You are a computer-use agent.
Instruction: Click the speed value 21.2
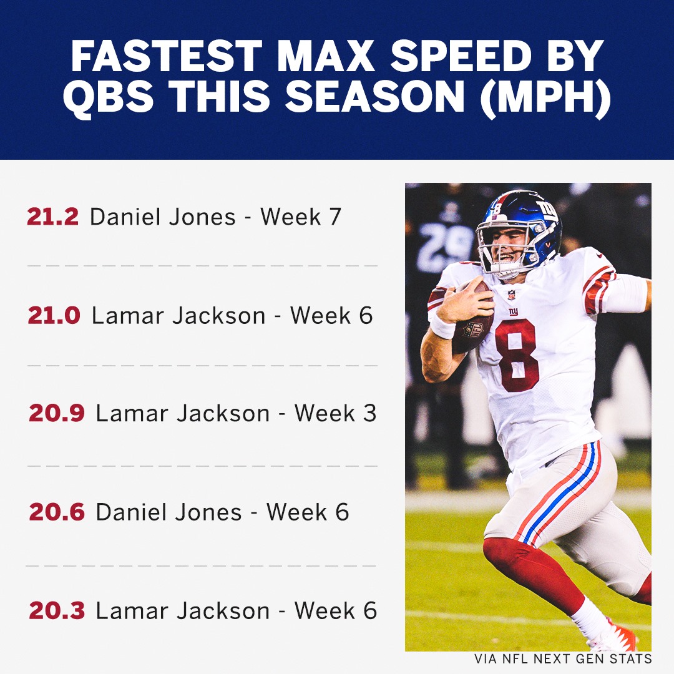click(x=52, y=217)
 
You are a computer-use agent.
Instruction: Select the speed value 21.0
click(x=54, y=316)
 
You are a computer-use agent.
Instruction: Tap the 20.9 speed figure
click(x=56, y=414)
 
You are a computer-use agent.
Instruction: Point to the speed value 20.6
click(x=57, y=512)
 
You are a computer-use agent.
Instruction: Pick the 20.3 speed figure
click(x=57, y=610)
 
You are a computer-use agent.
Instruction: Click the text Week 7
click(x=300, y=217)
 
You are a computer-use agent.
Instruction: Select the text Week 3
click(x=335, y=414)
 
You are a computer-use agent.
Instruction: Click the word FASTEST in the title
click(x=167, y=56)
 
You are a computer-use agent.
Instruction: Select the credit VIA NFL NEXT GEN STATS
click(x=563, y=658)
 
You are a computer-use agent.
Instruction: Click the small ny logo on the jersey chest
click(x=513, y=311)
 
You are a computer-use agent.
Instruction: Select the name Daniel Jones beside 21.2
click(x=162, y=217)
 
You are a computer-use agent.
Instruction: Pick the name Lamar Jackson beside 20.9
click(x=183, y=414)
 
